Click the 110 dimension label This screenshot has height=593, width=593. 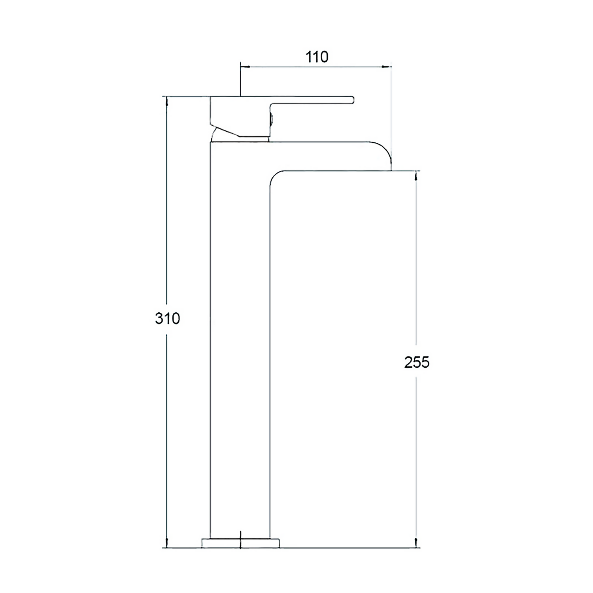click(x=317, y=57)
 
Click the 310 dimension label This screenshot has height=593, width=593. click(x=167, y=318)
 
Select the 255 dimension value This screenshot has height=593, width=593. click(x=417, y=362)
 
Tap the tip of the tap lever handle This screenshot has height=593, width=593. click(x=353, y=100)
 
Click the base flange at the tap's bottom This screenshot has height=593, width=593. click(x=240, y=543)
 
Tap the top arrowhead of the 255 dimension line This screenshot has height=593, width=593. click(x=416, y=176)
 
